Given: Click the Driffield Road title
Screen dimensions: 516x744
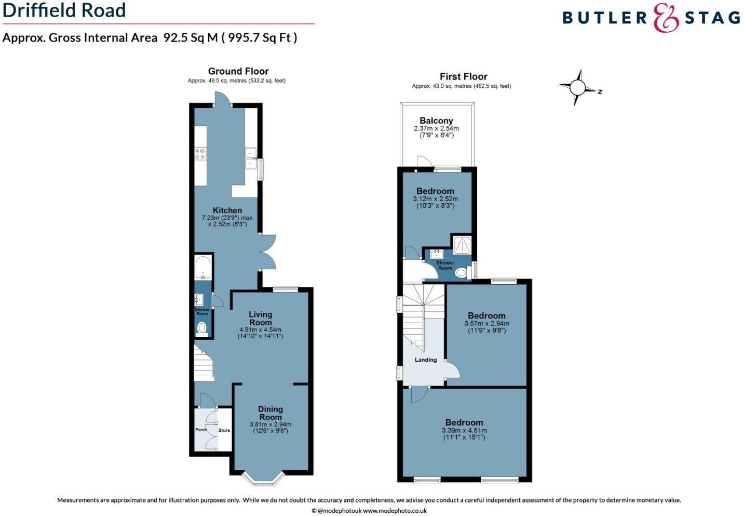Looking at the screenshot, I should (64, 10).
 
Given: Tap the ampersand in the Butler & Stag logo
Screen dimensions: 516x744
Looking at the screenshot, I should (666, 18).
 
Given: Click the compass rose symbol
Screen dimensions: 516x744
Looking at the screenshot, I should (577, 87).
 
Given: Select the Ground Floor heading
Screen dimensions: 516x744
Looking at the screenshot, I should (238, 71).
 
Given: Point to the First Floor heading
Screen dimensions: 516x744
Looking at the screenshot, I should (463, 76).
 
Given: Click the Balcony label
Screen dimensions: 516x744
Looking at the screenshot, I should (436, 121).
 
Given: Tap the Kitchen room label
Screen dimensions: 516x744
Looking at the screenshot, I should (227, 210).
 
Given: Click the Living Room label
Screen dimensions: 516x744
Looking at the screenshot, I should (260, 318).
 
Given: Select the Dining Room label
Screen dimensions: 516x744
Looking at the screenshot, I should (270, 413).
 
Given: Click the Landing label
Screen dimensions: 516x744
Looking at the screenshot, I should (425, 360).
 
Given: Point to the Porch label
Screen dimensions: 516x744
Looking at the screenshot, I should (201, 430).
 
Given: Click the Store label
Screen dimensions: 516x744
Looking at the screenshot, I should (224, 430).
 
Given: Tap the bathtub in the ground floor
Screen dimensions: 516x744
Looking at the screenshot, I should (202, 268).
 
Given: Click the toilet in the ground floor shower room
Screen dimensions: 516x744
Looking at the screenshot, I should (202, 327).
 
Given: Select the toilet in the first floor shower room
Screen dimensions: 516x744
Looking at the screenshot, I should (460, 272).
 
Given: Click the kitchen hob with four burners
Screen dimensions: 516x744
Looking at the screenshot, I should (200, 153).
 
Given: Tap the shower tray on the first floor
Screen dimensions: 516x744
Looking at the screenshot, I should (462, 245).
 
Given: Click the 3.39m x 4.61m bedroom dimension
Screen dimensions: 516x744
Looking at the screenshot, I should (464, 431).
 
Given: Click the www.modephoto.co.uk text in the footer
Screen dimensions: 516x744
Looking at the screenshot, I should (395, 511).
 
